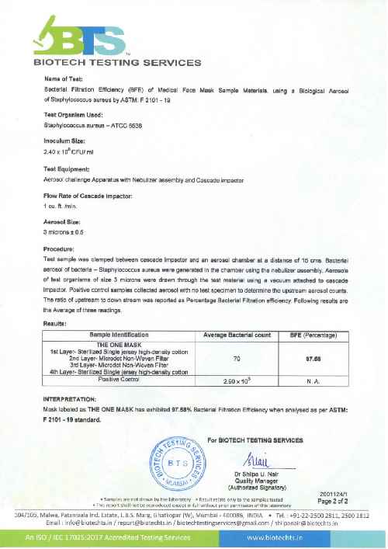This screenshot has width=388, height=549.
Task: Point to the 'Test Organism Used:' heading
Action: pos(74,113)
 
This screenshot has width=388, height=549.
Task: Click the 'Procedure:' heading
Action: pos(60,248)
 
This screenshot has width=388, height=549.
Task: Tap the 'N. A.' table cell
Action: pos(314,382)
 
